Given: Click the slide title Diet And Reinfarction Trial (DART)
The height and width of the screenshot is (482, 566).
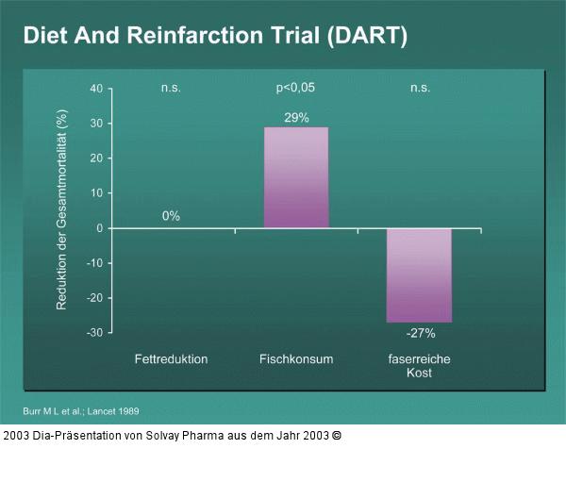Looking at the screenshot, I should (x=215, y=37).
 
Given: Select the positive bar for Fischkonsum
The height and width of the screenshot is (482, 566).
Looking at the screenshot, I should (x=296, y=177).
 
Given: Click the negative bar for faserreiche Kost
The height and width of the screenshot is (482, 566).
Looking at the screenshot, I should (x=419, y=274).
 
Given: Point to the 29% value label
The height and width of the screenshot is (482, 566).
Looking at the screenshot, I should (x=296, y=117).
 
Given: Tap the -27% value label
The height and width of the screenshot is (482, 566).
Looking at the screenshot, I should (x=420, y=333).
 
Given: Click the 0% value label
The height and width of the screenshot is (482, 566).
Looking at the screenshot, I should (x=171, y=216).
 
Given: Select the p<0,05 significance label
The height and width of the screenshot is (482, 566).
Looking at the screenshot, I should (x=295, y=88).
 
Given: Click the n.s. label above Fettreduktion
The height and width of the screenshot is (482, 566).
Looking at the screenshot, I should (x=171, y=88).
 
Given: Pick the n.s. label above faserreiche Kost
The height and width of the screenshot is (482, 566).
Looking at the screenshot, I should (x=420, y=88).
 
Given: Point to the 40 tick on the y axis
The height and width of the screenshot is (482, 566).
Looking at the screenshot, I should (x=96, y=89).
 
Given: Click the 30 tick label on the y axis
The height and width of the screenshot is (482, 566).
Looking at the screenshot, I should (x=96, y=124).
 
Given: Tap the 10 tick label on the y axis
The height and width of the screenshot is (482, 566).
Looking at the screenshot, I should (x=96, y=193).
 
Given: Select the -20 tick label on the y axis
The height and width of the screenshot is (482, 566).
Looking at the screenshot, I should (x=94, y=298).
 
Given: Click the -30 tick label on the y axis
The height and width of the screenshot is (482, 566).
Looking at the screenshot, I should (x=94, y=333).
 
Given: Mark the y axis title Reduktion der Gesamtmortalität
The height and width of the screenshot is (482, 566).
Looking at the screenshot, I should (x=62, y=210).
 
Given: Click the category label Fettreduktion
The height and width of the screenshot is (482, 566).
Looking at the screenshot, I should (x=171, y=359).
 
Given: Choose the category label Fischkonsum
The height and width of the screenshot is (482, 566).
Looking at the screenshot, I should (x=296, y=359).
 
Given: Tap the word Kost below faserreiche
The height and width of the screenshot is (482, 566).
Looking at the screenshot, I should (x=420, y=374).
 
